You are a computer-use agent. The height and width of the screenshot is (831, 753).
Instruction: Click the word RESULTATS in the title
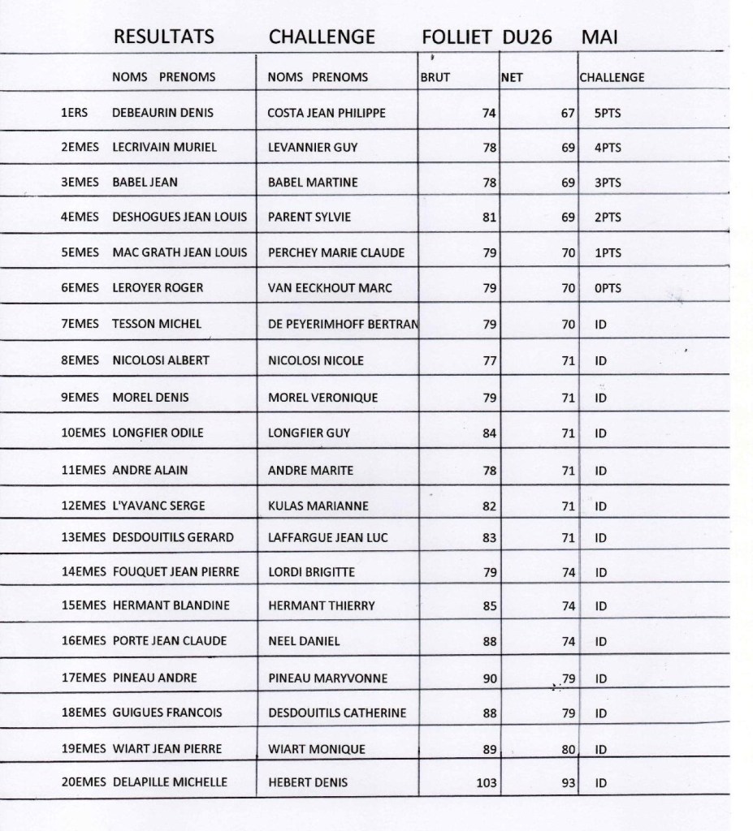coord(164,37)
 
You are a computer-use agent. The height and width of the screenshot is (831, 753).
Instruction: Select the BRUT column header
coord(435,78)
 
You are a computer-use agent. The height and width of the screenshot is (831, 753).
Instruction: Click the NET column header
coord(511,78)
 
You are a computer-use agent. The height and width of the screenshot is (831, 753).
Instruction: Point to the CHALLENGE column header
coord(612,78)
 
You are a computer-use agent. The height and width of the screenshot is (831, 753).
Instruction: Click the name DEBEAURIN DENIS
coord(162,113)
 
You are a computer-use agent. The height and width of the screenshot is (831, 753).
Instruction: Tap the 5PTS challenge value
coord(608,114)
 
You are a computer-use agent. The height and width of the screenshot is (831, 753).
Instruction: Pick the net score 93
coord(568,783)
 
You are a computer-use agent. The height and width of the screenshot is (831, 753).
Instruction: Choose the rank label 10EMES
coord(84,433)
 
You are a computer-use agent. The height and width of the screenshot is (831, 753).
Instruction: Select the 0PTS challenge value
coord(608,288)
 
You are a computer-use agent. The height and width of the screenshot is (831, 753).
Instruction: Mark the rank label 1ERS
coord(76,113)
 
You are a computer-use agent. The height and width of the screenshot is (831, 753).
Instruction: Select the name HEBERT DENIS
coord(308,782)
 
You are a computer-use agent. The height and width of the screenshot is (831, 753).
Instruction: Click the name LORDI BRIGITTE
coord(311,572)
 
